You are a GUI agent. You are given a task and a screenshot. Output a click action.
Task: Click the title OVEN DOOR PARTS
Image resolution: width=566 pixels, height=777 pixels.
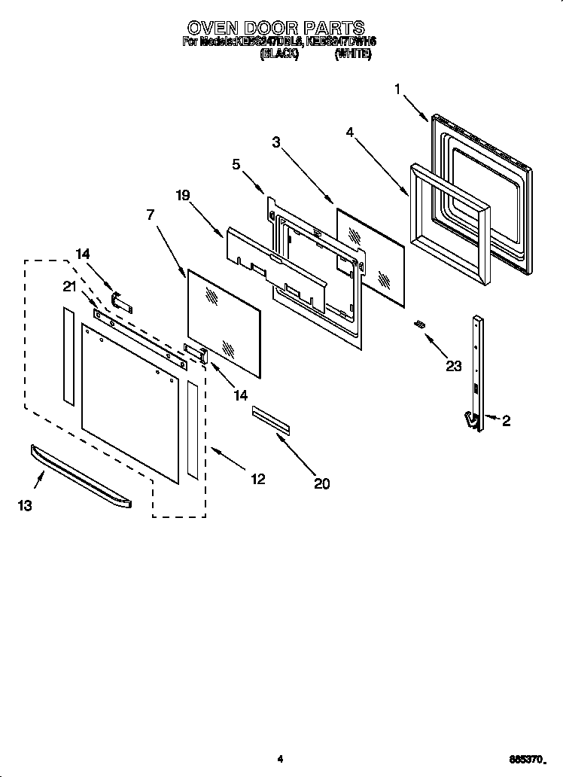coord(276,29)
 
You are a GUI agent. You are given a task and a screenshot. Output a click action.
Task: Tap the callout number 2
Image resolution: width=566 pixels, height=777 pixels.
coord(506,421)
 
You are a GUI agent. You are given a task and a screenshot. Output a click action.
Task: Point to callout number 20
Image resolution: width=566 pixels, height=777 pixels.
coord(321,484)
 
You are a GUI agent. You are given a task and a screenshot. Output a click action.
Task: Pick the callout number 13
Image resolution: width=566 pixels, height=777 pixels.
coord(25,506)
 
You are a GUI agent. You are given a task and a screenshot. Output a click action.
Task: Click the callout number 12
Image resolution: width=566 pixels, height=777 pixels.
coord(257,478)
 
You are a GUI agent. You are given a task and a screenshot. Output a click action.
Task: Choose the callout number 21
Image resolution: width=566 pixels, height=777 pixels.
coord(69,285)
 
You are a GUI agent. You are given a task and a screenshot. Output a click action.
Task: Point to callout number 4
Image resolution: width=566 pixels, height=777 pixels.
coord(349,132)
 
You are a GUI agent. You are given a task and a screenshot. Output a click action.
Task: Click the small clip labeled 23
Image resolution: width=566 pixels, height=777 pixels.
coord(419,324)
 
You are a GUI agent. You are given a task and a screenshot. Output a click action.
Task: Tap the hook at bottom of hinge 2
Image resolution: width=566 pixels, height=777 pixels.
coord(471,421)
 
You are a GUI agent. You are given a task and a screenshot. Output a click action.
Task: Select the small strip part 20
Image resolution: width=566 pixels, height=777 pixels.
coord(271,419)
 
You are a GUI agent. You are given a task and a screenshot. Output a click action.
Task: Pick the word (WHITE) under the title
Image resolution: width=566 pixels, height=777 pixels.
coord(352,55)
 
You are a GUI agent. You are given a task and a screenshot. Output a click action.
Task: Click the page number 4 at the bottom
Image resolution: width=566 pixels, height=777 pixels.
coord(279,758)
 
